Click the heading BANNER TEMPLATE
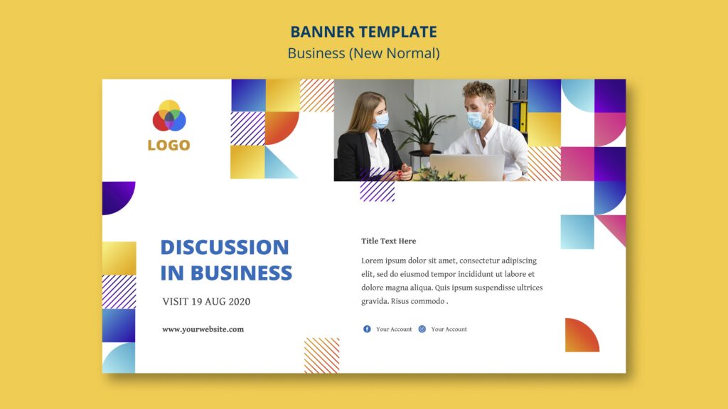point(363,32)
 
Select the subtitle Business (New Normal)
point(363,53)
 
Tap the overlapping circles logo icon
point(168,116)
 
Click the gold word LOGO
point(168,146)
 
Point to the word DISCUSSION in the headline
point(225,247)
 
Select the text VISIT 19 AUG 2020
point(206,302)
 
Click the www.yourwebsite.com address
point(203,329)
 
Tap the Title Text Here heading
point(388,241)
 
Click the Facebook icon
point(367,329)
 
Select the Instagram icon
point(422,329)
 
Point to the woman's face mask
point(382,121)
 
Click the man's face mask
point(476,120)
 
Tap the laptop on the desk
point(466,168)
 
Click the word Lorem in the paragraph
point(373,261)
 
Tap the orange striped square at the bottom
point(321,355)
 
